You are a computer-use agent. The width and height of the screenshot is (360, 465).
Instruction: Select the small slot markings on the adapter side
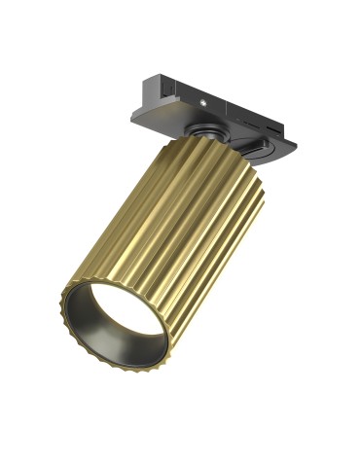pos(243,124)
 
